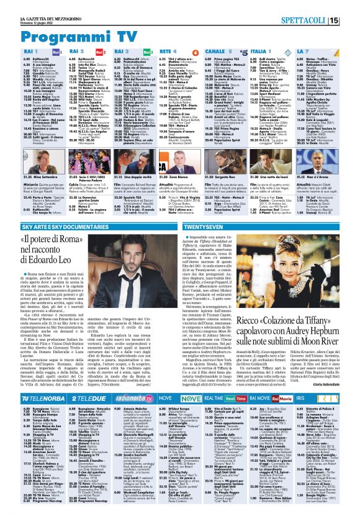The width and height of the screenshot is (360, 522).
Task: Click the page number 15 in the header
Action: [x=351, y=20]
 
